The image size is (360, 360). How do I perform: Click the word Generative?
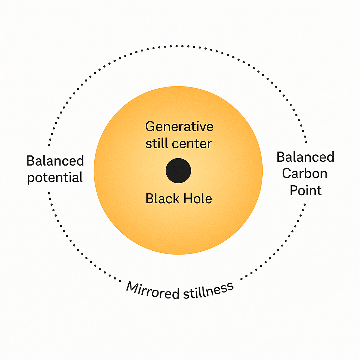179,127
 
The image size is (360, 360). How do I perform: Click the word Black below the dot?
160,199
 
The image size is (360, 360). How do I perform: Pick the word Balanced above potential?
55,161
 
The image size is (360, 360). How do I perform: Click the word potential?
55,177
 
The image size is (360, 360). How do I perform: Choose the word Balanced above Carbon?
305,157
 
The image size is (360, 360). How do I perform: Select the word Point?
305,190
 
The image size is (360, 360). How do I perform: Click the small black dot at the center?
178,171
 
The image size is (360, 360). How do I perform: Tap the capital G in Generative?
149,127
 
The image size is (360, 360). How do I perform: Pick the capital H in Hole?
184,199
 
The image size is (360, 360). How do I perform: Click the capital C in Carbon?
287,173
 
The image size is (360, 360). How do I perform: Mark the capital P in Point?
293,190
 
